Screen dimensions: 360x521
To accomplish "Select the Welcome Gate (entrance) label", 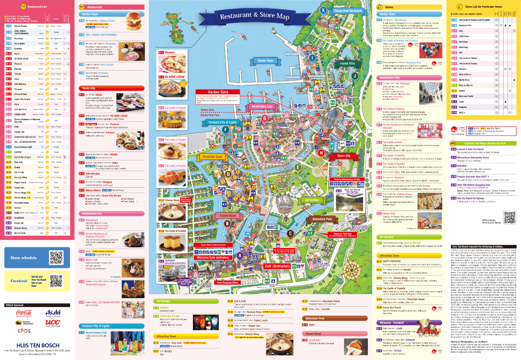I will pyautogui.click(x=213, y=257).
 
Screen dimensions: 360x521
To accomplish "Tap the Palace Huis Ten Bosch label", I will pyautogui.click(x=348, y=11).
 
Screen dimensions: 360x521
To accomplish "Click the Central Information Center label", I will pyautogui.click(x=347, y=179).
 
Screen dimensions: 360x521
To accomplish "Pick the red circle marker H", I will pyautogui.click(x=321, y=153).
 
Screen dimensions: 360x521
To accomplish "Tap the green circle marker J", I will pyautogui.click(x=355, y=76).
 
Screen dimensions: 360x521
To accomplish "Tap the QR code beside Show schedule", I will pyautogui.click(x=56, y=257).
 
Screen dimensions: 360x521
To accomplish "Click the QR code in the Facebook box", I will pyautogui.click(x=56, y=281).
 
